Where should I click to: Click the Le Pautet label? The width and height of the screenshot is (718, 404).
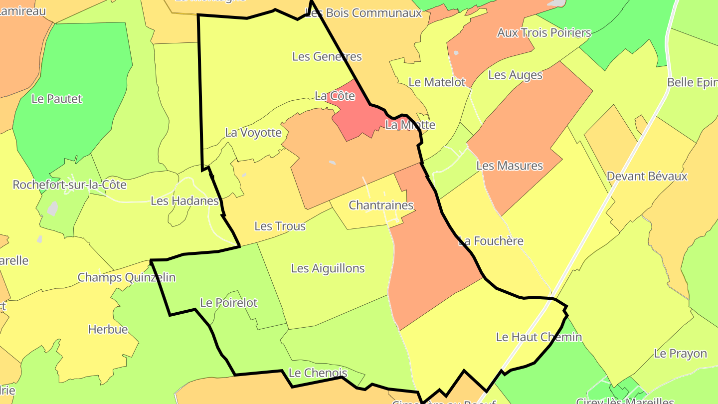[56, 99]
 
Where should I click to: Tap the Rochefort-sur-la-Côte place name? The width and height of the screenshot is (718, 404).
[69, 185]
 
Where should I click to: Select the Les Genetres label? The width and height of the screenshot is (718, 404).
[327, 56]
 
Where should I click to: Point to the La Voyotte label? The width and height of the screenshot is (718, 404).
[253, 133]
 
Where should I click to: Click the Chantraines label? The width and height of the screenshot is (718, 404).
[381, 205]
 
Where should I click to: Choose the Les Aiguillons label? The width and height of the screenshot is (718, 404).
[328, 268]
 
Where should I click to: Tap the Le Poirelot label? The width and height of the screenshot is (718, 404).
[228, 303]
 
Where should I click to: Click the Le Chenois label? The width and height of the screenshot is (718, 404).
[318, 373]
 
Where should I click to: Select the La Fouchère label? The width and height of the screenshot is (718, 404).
[491, 241]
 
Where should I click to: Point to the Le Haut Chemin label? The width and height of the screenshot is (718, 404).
[538, 337]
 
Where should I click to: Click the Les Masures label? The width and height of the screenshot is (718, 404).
[510, 165]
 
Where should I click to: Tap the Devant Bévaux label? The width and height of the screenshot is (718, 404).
[647, 176]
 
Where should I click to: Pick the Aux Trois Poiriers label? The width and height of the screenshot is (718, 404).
[543, 33]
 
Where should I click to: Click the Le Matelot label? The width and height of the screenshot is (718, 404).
[437, 82]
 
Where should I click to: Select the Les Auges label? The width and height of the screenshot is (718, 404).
[515, 75]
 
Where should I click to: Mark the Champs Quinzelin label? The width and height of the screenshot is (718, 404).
[127, 277]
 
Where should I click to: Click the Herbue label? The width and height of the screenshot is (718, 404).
[108, 329]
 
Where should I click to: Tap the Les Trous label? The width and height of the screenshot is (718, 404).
[280, 226]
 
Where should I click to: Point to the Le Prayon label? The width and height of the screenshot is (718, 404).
[680, 354]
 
